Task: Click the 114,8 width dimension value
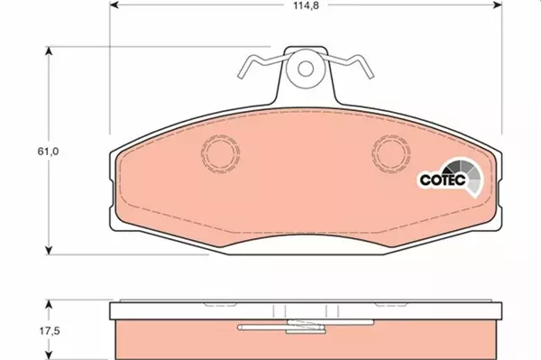point(306,5)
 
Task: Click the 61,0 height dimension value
point(49,152)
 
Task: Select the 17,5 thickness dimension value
point(50,331)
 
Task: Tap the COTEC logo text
point(443,180)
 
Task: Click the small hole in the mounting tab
point(306,69)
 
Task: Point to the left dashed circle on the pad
point(221,153)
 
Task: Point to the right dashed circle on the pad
point(391,153)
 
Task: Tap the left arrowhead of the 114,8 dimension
point(114,5)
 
